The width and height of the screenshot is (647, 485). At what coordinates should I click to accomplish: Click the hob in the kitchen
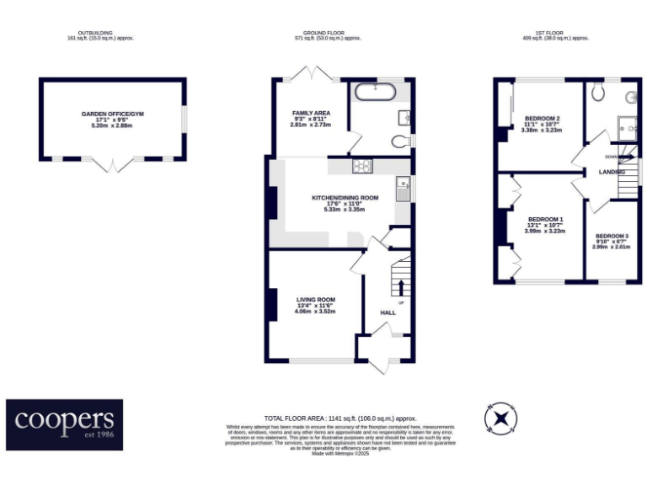(x=363, y=166)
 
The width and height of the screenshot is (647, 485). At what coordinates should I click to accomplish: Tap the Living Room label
(x=315, y=299)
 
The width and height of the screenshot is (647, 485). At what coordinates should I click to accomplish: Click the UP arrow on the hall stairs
(x=400, y=289)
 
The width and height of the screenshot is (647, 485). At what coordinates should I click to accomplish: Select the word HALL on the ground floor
(x=388, y=312)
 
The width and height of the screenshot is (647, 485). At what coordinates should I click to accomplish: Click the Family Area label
(x=311, y=113)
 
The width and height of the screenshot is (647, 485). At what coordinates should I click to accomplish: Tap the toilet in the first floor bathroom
(x=598, y=92)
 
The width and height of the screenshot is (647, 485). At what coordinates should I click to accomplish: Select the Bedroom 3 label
(x=611, y=236)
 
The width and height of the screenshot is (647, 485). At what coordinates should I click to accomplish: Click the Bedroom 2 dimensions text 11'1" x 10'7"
(x=542, y=125)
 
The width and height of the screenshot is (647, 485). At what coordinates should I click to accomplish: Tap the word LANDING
(x=611, y=172)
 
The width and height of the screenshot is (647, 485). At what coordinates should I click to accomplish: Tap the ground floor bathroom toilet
(x=401, y=140)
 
